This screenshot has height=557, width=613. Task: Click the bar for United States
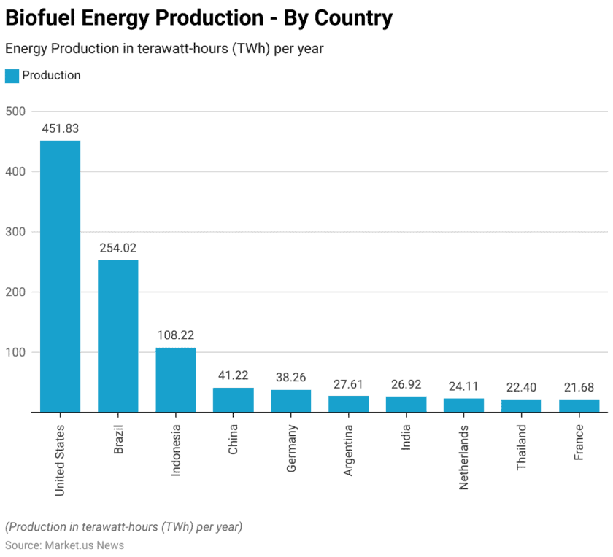point(60,276)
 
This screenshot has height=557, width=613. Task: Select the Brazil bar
point(117,336)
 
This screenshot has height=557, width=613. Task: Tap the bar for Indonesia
point(175,380)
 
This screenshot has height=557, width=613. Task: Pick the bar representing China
point(233,400)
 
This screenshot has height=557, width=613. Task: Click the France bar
point(579,405)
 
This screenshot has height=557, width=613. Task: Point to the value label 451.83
point(60,128)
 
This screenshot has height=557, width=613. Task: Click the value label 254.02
point(117,248)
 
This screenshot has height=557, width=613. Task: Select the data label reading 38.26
point(290,378)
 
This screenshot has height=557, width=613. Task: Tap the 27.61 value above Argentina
point(348,384)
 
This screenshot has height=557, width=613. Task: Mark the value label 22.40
point(521,387)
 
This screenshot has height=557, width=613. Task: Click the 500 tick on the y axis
point(15,112)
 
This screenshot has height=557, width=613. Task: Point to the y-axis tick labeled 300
point(15,232)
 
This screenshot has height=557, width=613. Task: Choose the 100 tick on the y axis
point(15,352)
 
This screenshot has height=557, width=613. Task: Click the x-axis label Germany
point(291,448)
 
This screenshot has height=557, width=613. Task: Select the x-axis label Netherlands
point(464,456)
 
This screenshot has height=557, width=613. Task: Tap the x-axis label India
point(406,437)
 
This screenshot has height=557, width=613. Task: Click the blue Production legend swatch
point(12,76)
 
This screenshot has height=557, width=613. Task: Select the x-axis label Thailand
point(522,447)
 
